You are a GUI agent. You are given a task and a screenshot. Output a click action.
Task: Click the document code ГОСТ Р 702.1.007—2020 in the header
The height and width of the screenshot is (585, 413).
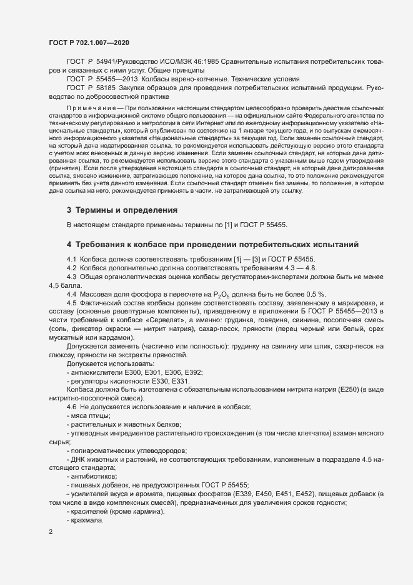pos(89,42)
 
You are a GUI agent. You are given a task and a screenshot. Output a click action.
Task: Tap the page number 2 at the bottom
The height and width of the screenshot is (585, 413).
pos(51,532)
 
